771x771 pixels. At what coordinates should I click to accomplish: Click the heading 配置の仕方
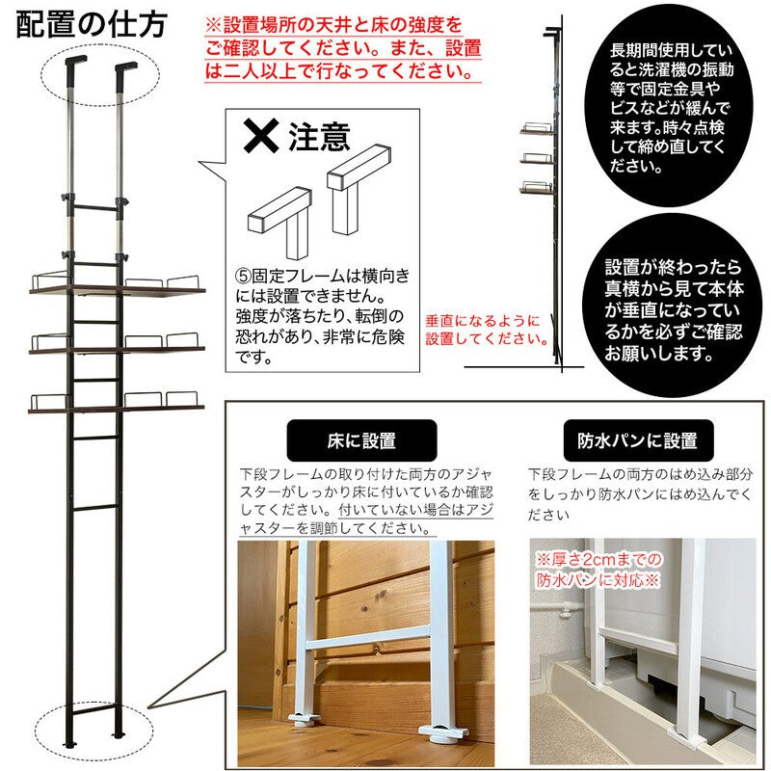point(92,25)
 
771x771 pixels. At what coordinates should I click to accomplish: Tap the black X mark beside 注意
point(261,135)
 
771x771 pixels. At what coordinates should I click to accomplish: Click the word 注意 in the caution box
point(319,137)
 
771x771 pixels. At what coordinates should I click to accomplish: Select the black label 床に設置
point(361,440)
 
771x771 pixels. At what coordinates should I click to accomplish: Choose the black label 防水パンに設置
point(638,440)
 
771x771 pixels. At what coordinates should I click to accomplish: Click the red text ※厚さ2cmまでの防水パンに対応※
point(598,570)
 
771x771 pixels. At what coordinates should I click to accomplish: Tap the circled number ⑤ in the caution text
point(243,276)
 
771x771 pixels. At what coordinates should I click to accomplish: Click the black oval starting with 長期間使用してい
point(671,108)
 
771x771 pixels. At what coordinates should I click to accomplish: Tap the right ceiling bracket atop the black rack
point(125,66)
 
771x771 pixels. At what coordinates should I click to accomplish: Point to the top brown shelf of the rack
point(117,291)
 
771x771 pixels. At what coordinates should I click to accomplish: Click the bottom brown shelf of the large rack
point(116,409)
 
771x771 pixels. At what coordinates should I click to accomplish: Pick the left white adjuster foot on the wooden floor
point(305,720)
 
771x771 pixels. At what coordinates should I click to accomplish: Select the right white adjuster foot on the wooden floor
point(441,733)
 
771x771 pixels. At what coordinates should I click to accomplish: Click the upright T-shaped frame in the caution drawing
point(359,189)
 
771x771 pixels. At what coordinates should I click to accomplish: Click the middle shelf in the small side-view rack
point(537,159)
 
